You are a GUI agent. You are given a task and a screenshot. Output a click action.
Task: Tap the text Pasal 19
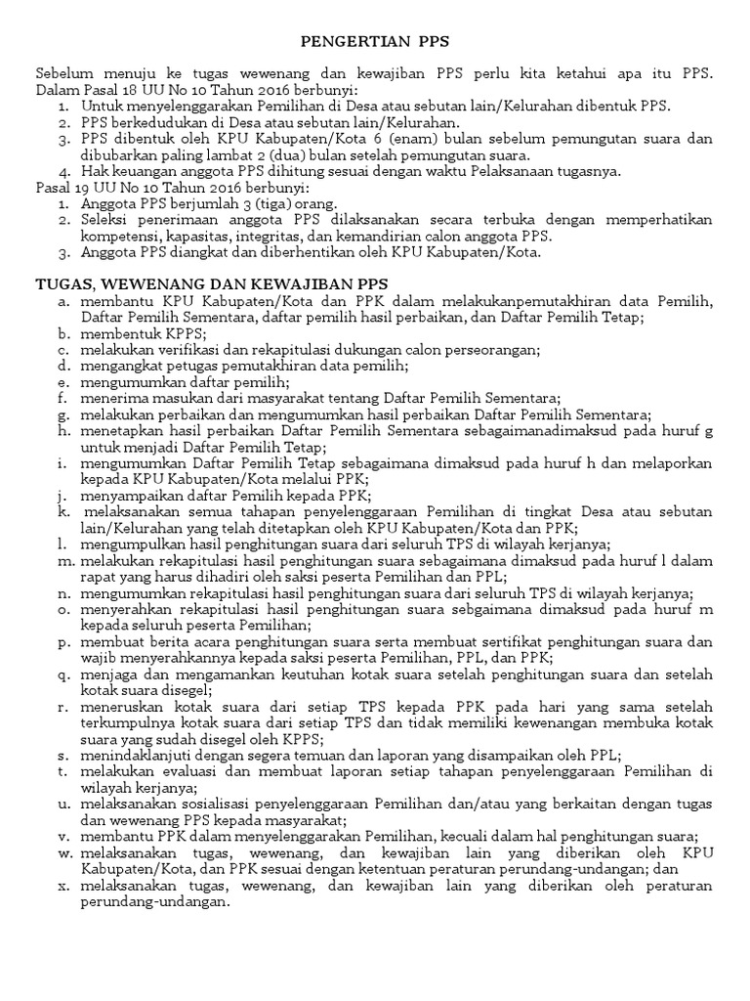(59, 187)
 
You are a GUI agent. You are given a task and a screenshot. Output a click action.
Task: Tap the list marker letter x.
(62, 886)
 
